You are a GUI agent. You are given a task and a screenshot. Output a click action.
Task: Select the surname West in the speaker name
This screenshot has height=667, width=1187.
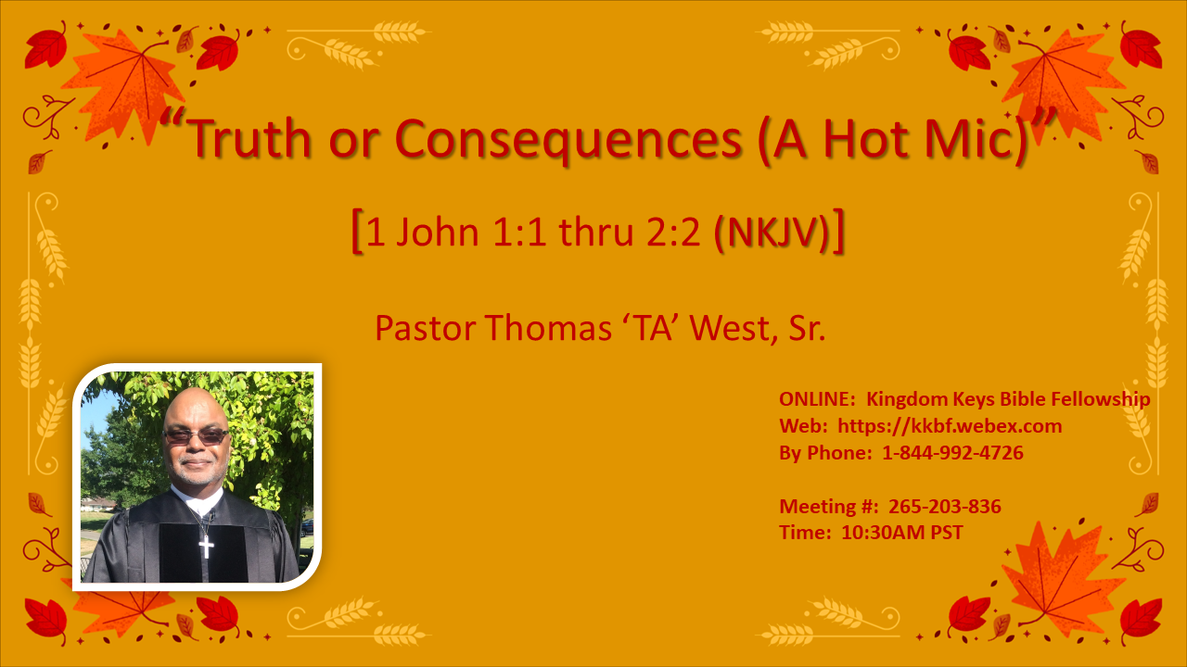[x=726, y=328]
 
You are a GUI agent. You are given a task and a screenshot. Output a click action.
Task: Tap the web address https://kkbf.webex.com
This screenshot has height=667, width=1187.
[x=950, y=426]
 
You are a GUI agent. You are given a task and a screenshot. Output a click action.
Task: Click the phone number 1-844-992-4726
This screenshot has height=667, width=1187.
[x=952, y=453]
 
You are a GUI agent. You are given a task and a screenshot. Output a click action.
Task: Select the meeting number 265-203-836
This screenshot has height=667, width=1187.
[x=944, y=507]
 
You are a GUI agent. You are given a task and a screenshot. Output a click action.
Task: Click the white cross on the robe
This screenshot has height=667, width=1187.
[x=206, y=546]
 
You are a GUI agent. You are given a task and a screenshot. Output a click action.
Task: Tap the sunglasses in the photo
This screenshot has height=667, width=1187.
[x=196, y=435]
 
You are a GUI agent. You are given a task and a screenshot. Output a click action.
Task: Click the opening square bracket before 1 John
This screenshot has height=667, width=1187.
[x=357, y=233]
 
